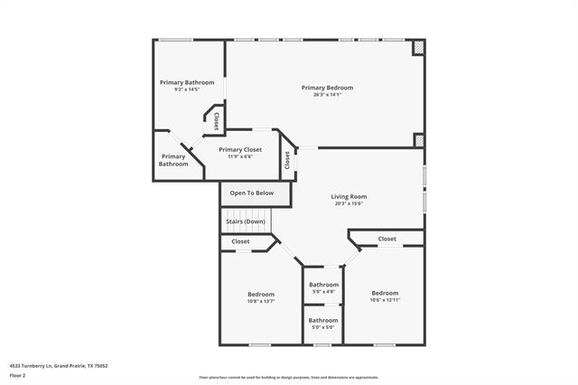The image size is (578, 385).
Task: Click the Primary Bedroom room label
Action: pyautogui.click(x=327, y=88)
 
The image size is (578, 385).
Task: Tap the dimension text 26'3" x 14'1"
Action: pyautogui.click(x=327, y=95)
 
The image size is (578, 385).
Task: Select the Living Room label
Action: pyautogui.click(x=348, y=196)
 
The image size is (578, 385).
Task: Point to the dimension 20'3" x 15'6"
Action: pyautogui.click(x=348, y=203)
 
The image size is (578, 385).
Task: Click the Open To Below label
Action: pyautogui.click(x=252, y=192)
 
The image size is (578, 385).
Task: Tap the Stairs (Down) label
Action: pyautogui.click(x=245, y=221)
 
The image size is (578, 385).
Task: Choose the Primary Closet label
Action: pyautogui.click(x=240, y=149)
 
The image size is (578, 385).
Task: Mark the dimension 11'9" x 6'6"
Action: pyautogui.click(x=240, y=156)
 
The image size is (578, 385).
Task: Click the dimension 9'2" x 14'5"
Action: pyautogui.click(x=187, y=89)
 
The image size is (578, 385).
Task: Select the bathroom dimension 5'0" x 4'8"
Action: pyautogui.click(x=323, y=292)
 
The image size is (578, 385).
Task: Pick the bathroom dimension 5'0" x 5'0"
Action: pyautogui.click(x=323, y=327)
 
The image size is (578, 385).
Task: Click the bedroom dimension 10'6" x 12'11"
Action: pyautogui.click(x=385, y=300)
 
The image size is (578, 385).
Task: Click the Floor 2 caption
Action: pyautogui.click(x=18, y=374)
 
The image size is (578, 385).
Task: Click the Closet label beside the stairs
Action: pyautogui.click(x=240, y=241)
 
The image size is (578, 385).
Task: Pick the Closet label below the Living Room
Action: pyautogui.click(x=387, y=239)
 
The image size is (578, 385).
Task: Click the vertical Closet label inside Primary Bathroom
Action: pyautogui.click(x=216, y=121)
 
